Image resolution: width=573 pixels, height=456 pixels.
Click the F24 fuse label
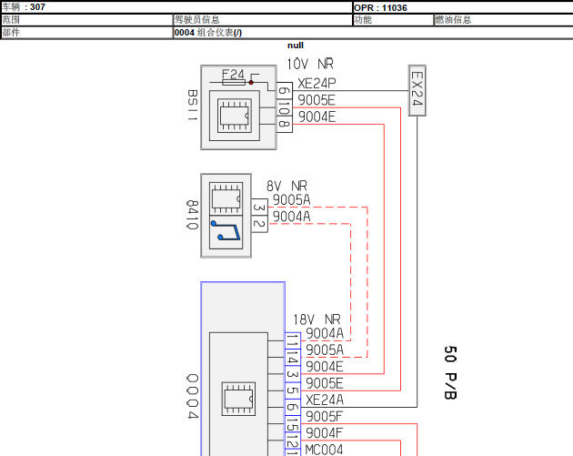click(233, 75)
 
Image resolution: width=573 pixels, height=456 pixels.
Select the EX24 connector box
click(417, 91)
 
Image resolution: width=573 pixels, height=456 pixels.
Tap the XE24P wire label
click(317, 84)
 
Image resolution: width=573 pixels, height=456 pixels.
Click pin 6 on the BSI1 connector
click(285, 90)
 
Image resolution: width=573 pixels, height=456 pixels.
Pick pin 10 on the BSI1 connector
click(285, 107)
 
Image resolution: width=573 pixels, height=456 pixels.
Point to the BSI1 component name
click(192, 106)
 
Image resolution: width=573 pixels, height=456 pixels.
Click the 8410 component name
click(192, 215)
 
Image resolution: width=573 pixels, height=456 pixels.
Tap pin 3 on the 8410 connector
click(259, 208)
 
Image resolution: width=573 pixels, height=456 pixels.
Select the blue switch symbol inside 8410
click(226, 230)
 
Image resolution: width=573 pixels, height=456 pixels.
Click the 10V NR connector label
click(310, 64)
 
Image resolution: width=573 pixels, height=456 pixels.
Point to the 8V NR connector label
click(286, 186)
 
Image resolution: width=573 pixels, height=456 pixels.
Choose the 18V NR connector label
click(317, 319)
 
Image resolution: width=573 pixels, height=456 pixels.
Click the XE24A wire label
click(325, 400)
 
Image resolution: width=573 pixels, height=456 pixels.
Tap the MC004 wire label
click(324, 450)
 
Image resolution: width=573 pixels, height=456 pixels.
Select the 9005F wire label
click(324, 417)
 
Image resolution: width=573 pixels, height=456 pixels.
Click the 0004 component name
click(193, 397)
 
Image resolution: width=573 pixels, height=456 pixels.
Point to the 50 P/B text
click(450, 372)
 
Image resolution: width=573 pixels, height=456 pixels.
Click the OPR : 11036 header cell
click(380, 7)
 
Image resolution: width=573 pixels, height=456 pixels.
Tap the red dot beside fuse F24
click(251, 83)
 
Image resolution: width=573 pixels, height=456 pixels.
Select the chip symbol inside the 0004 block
click(238, 399)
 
